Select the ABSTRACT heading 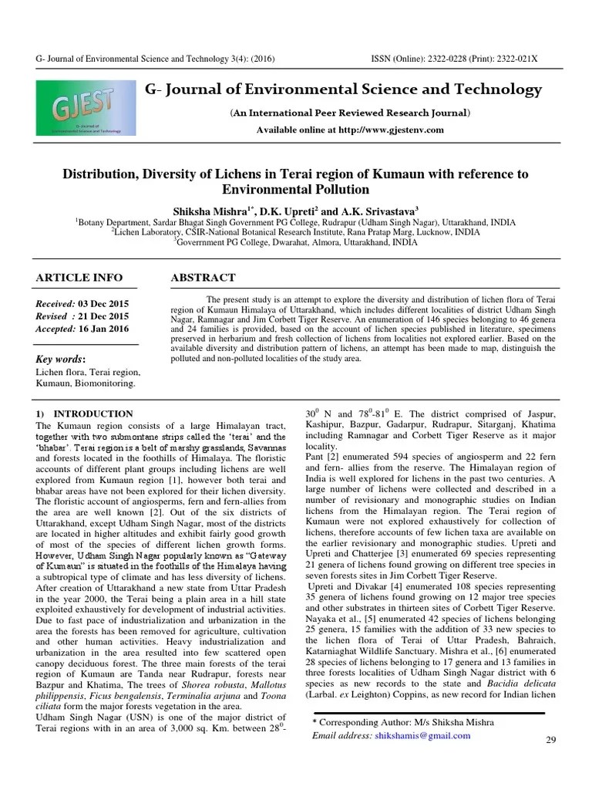(x=203, y=278)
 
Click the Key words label (x=61, y=359)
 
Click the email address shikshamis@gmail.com (x=422, y=736)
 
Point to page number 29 (x=550, y=741)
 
